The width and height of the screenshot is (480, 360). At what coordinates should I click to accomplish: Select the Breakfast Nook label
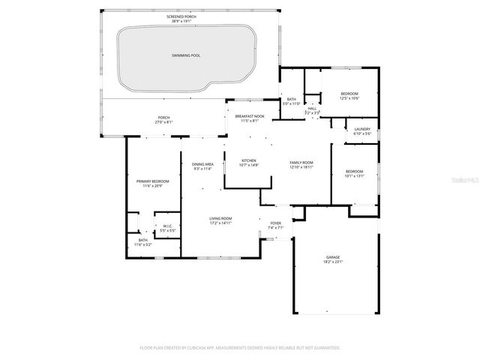click(x=249, y=116)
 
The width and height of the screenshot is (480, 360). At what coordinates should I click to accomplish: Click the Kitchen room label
click(x=249, y=160)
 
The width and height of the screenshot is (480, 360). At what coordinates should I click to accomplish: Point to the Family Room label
click(x=302, y=162)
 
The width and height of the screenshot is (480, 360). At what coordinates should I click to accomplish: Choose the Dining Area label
click(x=202, y=164)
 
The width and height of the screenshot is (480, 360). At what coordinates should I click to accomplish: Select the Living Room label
click(x=220, y=218)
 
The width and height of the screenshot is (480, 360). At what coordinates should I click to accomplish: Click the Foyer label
click(x=275, y=223)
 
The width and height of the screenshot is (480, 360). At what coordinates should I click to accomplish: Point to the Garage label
click(x=332, y=257)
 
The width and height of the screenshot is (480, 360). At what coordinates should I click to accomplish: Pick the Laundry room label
click(x=362, y=129)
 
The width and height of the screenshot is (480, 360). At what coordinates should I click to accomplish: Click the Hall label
click(x=312, y=108)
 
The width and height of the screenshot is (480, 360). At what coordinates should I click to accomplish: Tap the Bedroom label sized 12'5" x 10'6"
click(x=349, y=94)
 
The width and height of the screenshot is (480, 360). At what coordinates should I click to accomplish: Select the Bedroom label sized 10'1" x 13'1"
click(x=355, y=171)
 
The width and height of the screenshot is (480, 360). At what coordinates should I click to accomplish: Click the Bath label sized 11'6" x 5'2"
click(x=142, y=240)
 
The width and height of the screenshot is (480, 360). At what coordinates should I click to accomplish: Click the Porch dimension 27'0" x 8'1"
click(x=163, y=122)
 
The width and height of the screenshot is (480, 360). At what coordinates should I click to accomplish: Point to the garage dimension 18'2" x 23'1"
click(x=332, y=262)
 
